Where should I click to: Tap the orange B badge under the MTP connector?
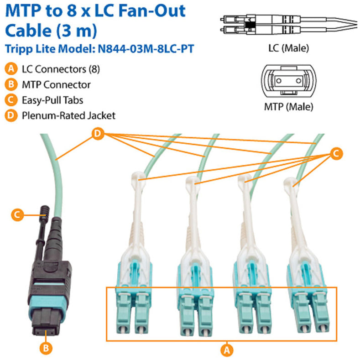(x=45, y=348)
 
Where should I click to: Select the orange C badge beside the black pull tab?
(x=17, y=214)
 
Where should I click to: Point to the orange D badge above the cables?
(x=97, y=134)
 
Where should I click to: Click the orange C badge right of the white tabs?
(x=335, y=154)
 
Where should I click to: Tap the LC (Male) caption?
(x=289, y=47)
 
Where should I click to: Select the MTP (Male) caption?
(x=288, y=108)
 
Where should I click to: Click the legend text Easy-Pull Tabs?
(x=52, y=100)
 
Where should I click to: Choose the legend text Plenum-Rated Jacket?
(x=68, y=115)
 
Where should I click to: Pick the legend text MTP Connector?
(x=56, y=84)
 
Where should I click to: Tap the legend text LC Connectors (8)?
(x=61, y=69)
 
